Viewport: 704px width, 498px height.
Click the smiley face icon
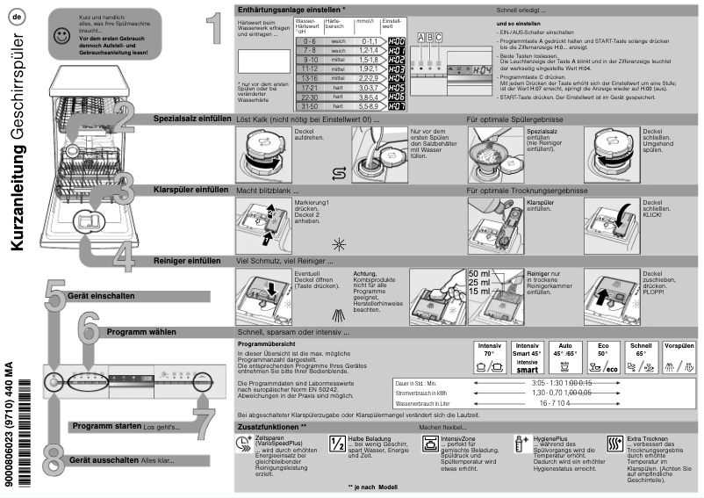coord(61,36)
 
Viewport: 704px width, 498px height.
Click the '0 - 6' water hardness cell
coord(307,41)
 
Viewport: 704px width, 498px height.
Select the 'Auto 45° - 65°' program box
coord(564,360)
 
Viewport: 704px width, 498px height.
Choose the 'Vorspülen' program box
coord(679,360)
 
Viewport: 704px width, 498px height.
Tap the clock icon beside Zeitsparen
coord(243,442)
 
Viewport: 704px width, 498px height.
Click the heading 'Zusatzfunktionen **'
coord(273,425)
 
